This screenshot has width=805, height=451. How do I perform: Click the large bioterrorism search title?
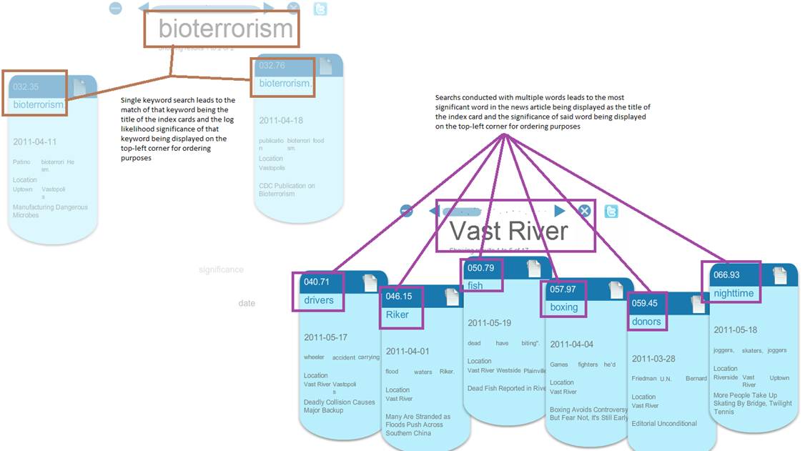tap(225, 29)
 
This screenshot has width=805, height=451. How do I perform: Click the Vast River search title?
tap(508, 231)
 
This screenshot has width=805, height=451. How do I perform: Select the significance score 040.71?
tap(317, 282)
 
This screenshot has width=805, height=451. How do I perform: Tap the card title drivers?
tap(319, 300)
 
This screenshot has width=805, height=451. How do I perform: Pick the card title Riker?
tap(397, 314)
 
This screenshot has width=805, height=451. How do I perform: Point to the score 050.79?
tap(480, 268)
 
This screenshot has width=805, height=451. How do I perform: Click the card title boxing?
tap(564, 307)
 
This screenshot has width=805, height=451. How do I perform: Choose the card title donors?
tap(646, 322)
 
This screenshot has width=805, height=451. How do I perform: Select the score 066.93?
tap(726, 274)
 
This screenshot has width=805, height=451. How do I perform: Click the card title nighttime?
tap(734, 293)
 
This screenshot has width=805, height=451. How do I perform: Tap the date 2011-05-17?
tap(325, 337)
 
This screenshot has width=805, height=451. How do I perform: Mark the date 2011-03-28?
tap(653, 359)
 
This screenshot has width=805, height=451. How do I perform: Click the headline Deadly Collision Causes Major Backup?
tap(339, 406)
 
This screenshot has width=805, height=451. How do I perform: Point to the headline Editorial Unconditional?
tap(664, 423)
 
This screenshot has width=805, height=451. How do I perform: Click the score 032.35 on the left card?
tap(26, 86)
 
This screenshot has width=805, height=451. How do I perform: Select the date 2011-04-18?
tap(281, 121)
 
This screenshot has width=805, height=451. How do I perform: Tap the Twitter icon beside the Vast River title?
tap(611, 211)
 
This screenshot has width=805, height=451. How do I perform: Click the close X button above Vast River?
tap(584, 211)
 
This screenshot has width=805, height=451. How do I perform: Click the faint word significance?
tap(221, 269)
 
